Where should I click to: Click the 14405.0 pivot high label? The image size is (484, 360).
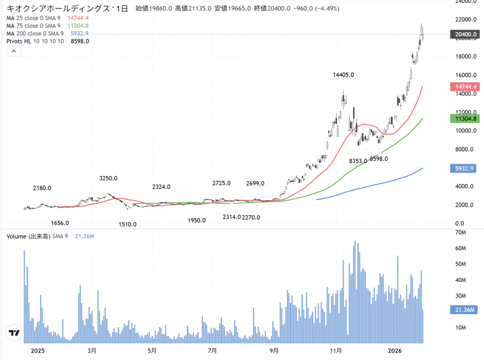[344, 75]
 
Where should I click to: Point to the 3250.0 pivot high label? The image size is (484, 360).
[108, 178]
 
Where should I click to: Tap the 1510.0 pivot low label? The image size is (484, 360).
[128, 224]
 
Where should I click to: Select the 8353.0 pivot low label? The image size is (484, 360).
[358, 161]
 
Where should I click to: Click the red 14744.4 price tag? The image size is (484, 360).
[467, 87]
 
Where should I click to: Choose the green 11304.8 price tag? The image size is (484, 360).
[467, 118]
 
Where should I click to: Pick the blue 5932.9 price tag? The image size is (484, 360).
[467, 168]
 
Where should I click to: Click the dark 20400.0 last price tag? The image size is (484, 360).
[467, 34]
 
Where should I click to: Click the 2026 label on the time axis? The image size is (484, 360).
[395, 351]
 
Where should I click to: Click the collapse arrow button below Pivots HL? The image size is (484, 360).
[14, 51]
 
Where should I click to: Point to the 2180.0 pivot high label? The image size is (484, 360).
[42, 188]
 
